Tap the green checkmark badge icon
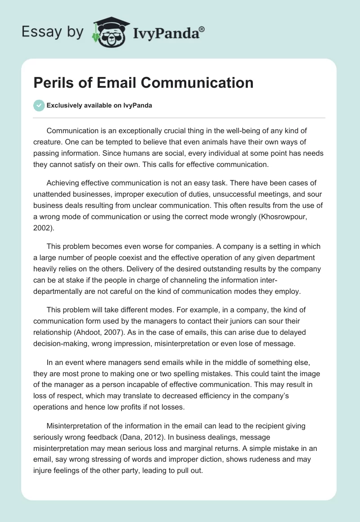tap(39, 105)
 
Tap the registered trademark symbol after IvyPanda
tap(202, 27)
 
